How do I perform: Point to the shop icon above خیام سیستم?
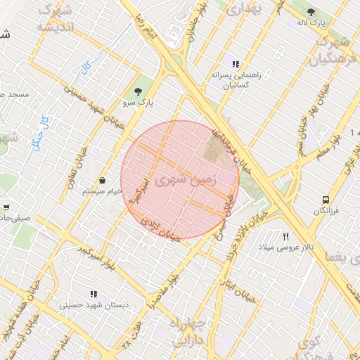[x=103, y=180]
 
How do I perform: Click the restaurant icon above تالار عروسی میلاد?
[x=285, y=236]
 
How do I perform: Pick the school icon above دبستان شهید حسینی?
[x=92, y=294]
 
